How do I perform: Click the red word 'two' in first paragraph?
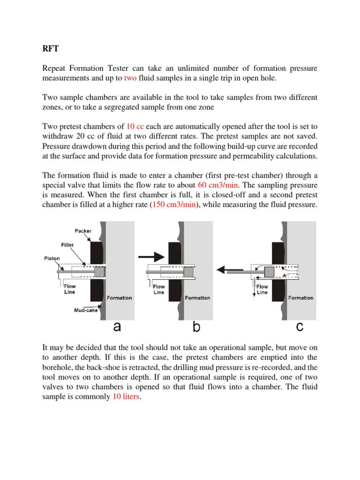click(x=130, y=78)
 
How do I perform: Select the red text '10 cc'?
click(x=135, y=126)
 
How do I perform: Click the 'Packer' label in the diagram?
click(x=83, y=231)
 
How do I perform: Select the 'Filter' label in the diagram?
click(x=67, y=245)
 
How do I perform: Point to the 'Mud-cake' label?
click(x=86, y=310)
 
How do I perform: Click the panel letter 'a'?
click(x=117, y=327)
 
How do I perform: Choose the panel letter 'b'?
click(x=196, y=327)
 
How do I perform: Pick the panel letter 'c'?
click(x=300, y=327)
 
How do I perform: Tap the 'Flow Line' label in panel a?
click(x=69, y=289)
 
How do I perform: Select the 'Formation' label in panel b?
click(x=197, y=298)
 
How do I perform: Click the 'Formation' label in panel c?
click(x=301, y=298)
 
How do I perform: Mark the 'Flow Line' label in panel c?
click(x=262, y=289)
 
